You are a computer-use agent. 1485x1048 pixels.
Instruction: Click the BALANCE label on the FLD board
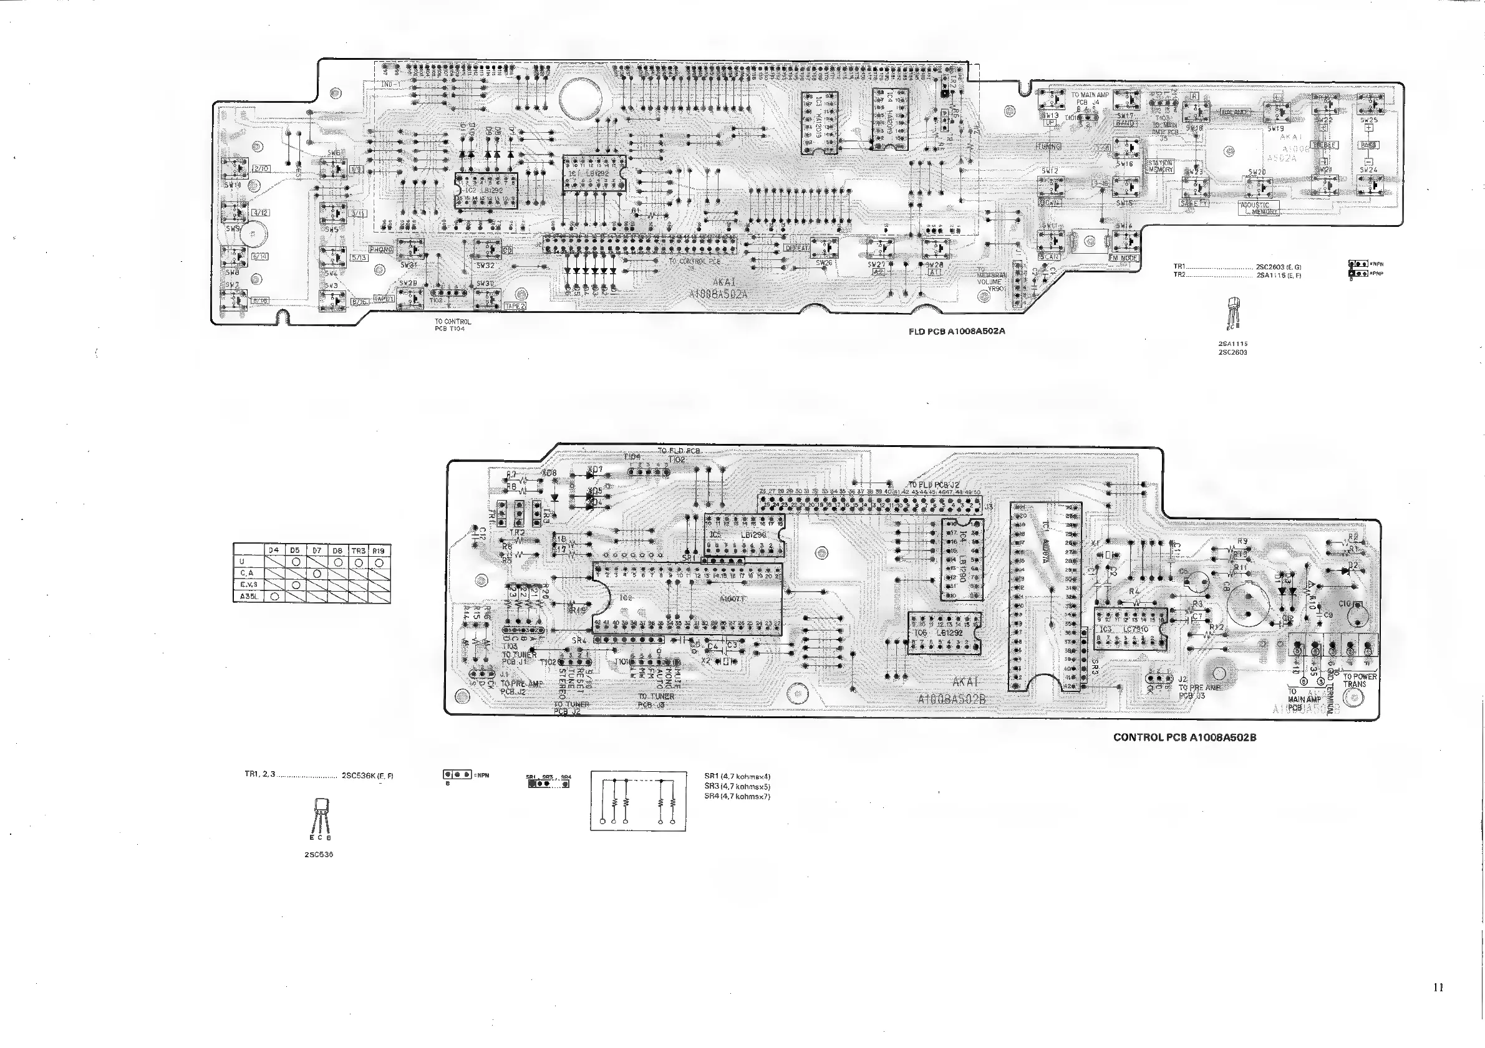click(x=1235, y=112)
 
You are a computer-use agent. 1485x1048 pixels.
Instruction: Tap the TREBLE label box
click(x=1325, y=145)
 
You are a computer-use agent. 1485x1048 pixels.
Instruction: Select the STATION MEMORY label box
click(x=1160, y=166)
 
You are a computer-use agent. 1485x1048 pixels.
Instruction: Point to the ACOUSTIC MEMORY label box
click(x=1259, y=208)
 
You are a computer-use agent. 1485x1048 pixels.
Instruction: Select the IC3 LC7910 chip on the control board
click(x=1133, y=628)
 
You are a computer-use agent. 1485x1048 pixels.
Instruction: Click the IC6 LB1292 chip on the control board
click(x=943, y=633)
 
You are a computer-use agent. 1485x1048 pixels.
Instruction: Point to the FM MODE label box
click(x=1123, y=258)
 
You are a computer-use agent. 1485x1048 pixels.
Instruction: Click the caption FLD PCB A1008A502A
click(x=957, y=332)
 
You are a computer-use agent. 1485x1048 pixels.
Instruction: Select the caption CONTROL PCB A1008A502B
click(x=1184, y=737)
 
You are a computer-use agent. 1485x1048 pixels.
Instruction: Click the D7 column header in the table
click(x=317, y=550)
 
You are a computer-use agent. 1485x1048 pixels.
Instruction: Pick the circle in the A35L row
click(x=274, y=597)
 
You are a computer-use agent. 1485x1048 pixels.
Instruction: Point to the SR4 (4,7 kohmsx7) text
click(x=737, y=797)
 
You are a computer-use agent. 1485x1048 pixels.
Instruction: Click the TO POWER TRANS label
click(x=1360, y=680)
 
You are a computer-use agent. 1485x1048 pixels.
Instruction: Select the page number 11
click(x=1438, y=988)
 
